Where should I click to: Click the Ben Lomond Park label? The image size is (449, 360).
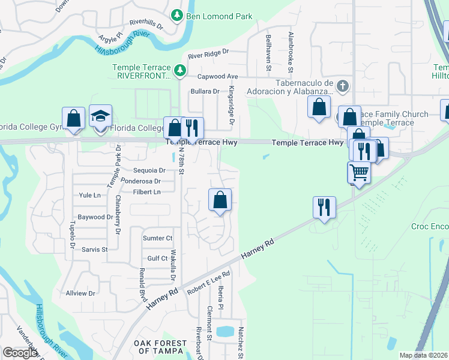[x=219, y=16]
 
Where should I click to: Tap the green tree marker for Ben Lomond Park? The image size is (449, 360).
[x=177, y=16]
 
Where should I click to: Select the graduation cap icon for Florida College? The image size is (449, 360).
[x=101, y=116]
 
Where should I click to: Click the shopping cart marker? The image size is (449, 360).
[x=359, y=173]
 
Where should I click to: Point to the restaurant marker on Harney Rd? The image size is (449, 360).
[x=324, y=208]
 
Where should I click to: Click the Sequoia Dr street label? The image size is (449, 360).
[x=151, y=170]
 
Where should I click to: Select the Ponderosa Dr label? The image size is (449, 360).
[x=141, y=181]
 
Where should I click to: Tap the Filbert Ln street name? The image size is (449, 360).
[x=147, y=192]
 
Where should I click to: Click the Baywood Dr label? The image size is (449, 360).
[x=95, y=217]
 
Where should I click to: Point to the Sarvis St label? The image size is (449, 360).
[x=94, y=249]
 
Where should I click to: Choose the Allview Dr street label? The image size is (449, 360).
[x=80, y=293]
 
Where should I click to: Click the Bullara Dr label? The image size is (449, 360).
[x=205, y=91]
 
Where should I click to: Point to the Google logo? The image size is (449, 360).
[x=20, y=353]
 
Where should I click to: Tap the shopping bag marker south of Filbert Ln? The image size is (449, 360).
[x=220, y=200]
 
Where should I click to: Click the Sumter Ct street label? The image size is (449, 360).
[x=157, y=238]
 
